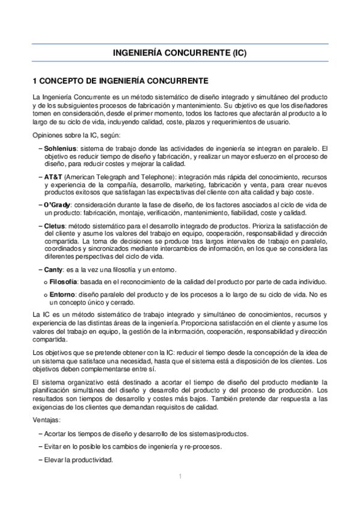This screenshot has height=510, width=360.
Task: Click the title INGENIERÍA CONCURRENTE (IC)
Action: (x=180, y=53)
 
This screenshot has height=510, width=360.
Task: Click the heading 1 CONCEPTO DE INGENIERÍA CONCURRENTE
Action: (x=120, y=80)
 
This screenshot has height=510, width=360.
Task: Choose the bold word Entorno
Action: (x=62, y=295)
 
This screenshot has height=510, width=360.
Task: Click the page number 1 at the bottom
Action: (x=180, y=476)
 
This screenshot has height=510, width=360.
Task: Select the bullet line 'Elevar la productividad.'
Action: (x=78, y=461)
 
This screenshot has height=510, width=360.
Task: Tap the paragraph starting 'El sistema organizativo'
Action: (x=180, y=395)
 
